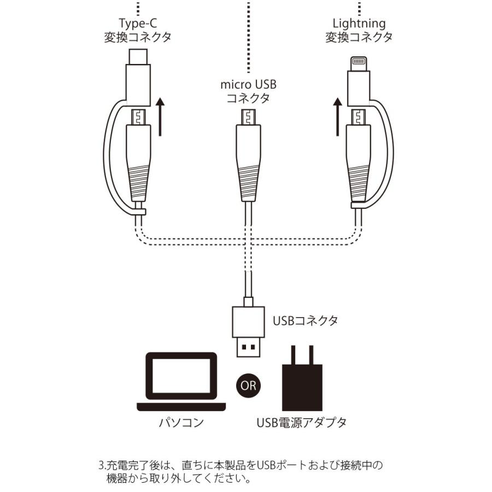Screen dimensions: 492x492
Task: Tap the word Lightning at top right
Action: pos(359,24)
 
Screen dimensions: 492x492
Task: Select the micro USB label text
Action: pos(248,85)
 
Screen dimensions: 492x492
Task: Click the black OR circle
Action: pos(248,384)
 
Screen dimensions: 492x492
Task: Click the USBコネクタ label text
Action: pos(305,320)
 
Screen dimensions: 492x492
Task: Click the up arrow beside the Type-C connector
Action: pos(160,116)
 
